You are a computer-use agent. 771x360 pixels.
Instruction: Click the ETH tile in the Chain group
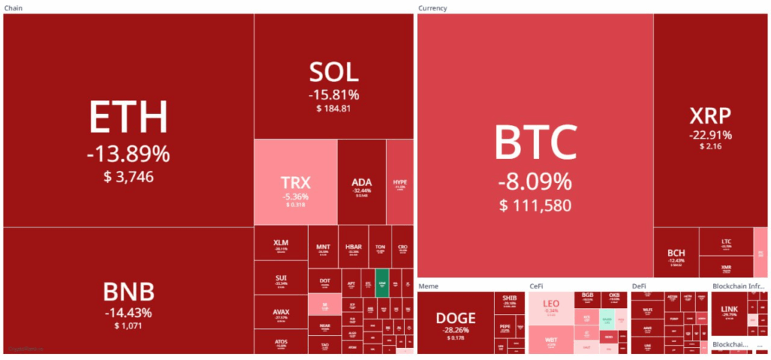pyautogui.click(x=128, y=121)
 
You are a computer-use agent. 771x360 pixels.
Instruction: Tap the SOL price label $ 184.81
pyautogui.click(x=334, y=109)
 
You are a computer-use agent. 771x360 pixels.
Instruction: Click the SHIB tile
pyautogui.click(x=510, y=301)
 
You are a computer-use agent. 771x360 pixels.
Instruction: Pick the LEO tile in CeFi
pyautogui.click(x=550, y=304)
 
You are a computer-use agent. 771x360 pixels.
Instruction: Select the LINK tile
pyautogui.click(x=730, y=313)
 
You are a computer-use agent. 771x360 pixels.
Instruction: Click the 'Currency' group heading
pyautogui.click(x=433, y=8)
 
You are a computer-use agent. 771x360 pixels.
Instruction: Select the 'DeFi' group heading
pyautogui.click(x=639, y=286)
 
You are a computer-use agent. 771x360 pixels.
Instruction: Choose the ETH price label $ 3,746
pyautogui.click(x=128, y=178)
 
